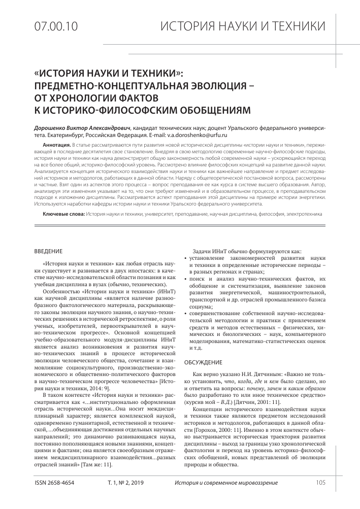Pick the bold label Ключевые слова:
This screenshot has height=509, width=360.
click(63, 215)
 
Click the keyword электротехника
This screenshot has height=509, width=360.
click(303, 215)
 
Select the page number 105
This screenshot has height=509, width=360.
click(320, 482)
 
